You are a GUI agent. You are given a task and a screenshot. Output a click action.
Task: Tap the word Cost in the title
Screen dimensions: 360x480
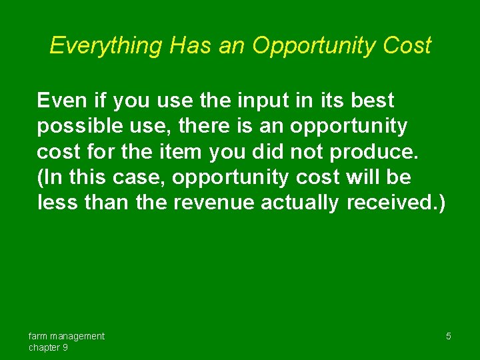(409, 45)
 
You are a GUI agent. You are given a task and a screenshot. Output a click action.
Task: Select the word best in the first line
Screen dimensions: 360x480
(371, 101)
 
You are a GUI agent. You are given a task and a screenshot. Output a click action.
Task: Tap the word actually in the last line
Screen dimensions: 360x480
(300, 203)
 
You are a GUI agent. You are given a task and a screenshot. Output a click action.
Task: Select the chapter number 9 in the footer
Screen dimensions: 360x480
(65, 347)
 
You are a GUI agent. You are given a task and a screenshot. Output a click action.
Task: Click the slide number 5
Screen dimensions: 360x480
(449, 336)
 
